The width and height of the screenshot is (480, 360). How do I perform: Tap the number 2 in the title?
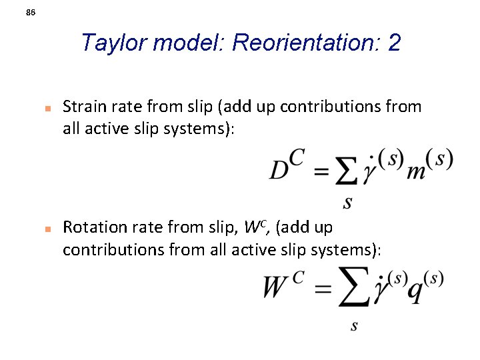coord(394,43)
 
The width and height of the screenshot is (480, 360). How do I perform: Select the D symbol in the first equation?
coord(280,169)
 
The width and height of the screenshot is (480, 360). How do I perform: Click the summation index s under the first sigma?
coord(347,201)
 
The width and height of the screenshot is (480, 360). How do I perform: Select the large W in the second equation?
coord(275,288)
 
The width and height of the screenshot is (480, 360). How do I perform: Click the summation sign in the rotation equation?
coord(353,287)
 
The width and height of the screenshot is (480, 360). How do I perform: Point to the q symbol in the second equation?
coord(415,291)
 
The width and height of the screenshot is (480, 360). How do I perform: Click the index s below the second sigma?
coord(354,325)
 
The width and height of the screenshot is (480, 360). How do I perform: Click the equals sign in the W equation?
coord(322,289)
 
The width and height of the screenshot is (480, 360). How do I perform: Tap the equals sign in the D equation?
coord(321,172)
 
